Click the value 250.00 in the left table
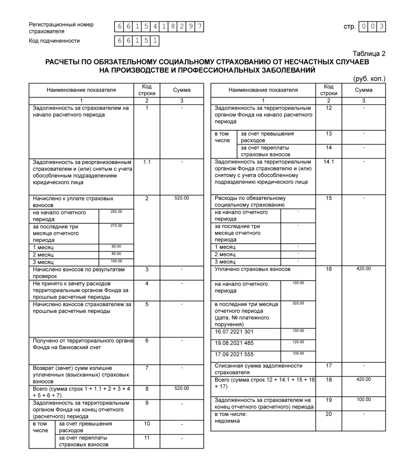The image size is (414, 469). [x=116, y=212]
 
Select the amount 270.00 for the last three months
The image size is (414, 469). [x=116, y=226]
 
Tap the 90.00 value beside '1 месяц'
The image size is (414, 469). [x=116, y=247]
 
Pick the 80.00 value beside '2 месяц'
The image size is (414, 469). [x=116, y=254]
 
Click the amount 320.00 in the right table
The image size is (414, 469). [x=298, y=303]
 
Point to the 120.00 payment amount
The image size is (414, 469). [x=298, y=342]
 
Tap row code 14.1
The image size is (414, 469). [x=328, y=162]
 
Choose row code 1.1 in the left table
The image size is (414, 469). [x=147, y=162]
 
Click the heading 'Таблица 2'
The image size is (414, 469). [x=369, y=54]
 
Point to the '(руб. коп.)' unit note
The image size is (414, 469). [x=369, y=79]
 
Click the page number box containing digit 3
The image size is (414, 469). [x=381, y=27]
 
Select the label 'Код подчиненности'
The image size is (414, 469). [x=54, y=41]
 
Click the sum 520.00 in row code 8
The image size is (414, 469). [x=182, y=389]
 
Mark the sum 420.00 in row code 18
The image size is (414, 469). [x=363, y=379]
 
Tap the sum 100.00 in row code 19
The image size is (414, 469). [x=363, y=400]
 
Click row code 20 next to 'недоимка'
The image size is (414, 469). [x=328, y=414]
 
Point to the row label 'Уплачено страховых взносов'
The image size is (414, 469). [x=252, y=269]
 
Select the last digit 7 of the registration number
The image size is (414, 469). [x=199, y=27]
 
